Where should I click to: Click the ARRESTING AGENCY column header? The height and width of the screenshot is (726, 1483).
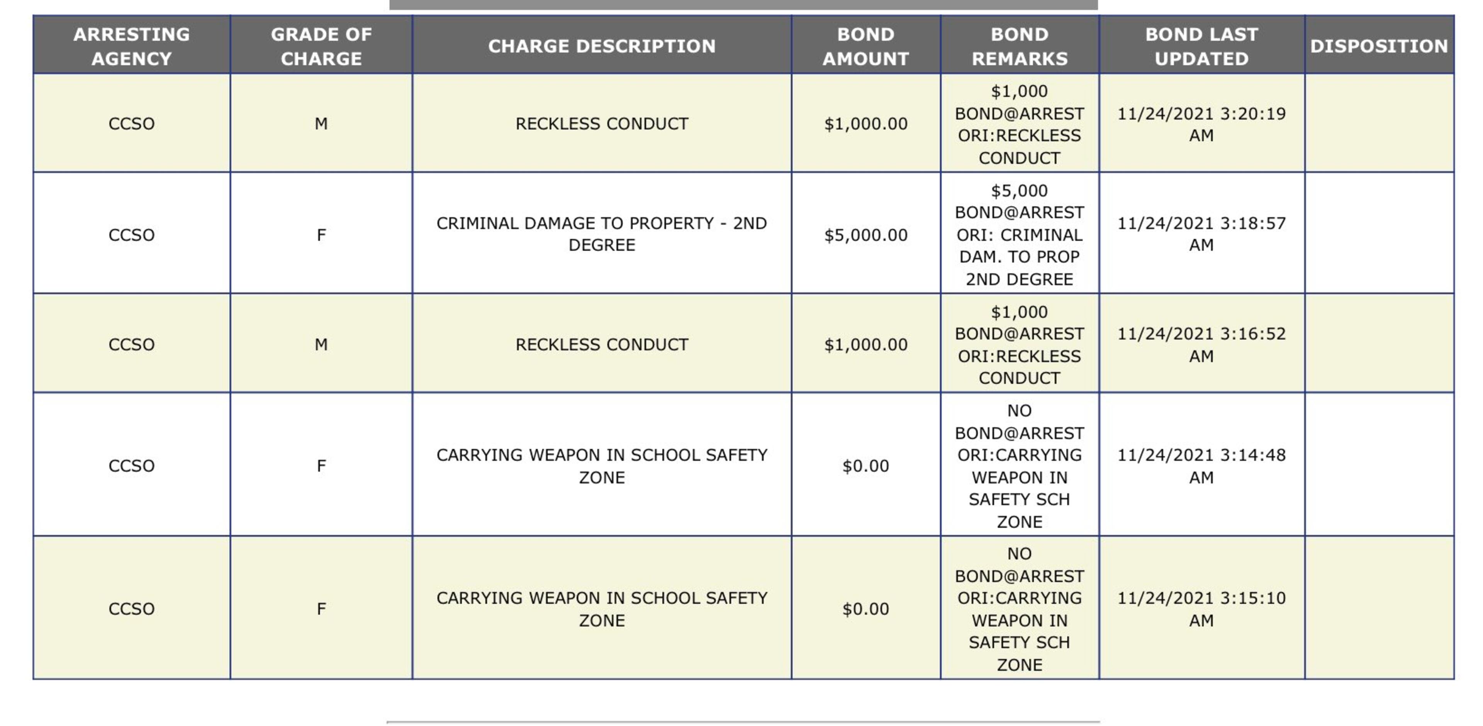[131, 46]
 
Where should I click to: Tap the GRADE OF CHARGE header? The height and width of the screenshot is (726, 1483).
[321, 46]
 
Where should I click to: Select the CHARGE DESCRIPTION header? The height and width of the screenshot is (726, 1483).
[602, 46]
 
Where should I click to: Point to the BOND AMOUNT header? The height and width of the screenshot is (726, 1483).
[865, 46]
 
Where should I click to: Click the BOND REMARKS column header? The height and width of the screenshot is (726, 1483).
[1019, 46]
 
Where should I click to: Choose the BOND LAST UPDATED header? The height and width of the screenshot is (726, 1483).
[1201, 46]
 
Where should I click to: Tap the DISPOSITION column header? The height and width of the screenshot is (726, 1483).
[1379, 46]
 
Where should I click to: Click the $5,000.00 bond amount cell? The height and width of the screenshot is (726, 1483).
[865, 235]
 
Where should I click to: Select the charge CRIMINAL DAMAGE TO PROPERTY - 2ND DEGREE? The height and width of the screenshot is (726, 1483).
[602, 234]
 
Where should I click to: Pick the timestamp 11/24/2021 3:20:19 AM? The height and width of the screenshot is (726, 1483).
[1201, 124]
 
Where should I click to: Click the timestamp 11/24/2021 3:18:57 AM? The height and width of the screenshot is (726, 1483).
[1201, 234]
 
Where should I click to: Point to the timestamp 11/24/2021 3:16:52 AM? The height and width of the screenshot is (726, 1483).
[1201, 345]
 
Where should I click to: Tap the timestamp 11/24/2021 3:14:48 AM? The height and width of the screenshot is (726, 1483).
[1201, 466]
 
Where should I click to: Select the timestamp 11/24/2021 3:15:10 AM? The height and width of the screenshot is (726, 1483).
[1201, 609]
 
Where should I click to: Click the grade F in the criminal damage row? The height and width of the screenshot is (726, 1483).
[321, 235]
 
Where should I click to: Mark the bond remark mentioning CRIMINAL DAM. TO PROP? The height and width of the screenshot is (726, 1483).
[1019, 235]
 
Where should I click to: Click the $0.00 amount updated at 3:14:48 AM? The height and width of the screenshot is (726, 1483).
[865, 466]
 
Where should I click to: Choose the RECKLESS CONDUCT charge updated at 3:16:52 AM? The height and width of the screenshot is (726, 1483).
[602, 345]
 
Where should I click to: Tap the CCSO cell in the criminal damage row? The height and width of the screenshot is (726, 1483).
[131, 235]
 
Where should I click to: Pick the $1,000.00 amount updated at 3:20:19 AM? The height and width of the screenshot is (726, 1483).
[865, 124]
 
